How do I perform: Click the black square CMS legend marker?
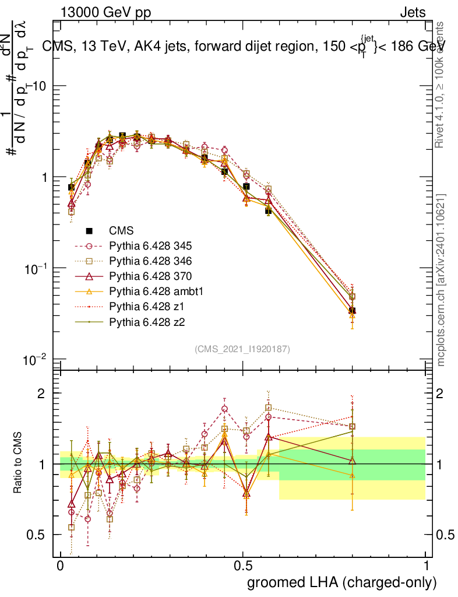point(89,230)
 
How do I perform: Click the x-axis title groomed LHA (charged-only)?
point(342,582)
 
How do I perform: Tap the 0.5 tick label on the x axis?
point(243,566)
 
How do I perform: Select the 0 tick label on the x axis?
point(60,566)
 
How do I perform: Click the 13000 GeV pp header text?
point(105,13)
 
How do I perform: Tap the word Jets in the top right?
point(412,13)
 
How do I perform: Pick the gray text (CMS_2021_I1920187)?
point(242,349)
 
